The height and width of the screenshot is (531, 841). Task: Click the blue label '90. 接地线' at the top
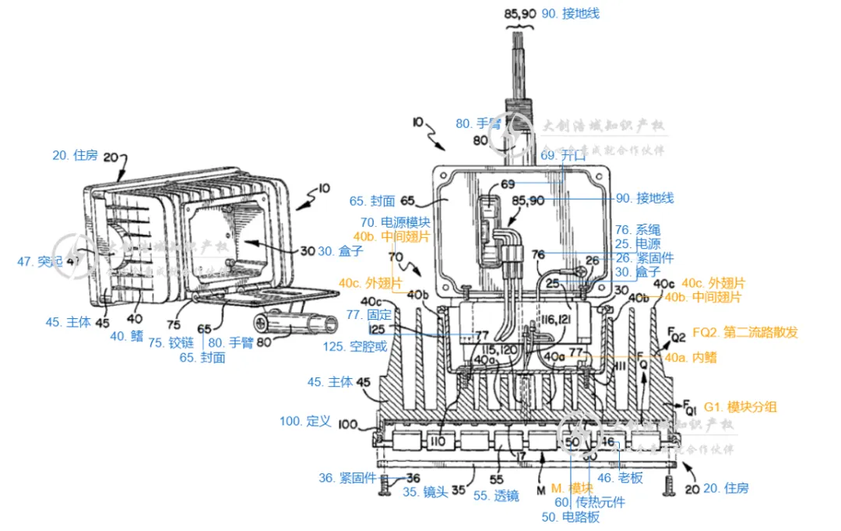[x=571, y=13]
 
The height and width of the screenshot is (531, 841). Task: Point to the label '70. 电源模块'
[x=395, y=222]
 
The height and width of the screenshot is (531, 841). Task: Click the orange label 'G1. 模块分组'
[x=740, y=406]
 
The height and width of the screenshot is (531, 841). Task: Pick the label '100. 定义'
[x=305, y=421]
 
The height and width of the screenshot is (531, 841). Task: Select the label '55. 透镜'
[x=496, y=495]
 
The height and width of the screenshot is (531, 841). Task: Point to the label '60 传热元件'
[x=589, y=502]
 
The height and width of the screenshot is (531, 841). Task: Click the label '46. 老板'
[x=620, y=477]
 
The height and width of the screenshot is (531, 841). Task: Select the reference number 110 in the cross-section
[x=438, y=441]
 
